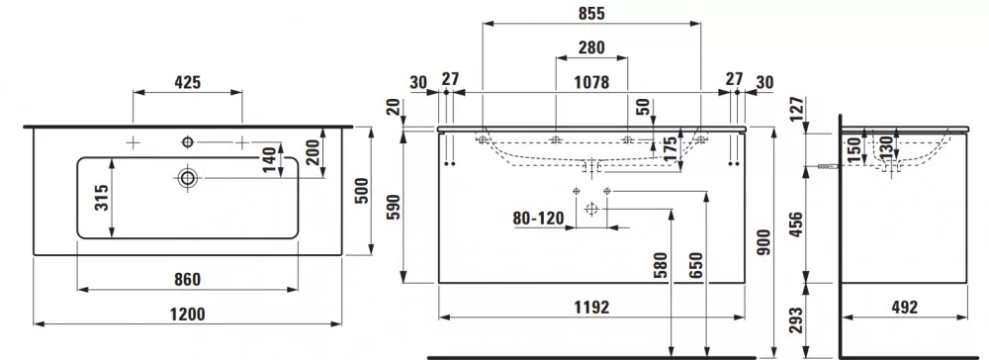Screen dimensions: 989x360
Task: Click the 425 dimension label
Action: tap(187, 82)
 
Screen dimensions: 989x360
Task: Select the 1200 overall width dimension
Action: tap(188, 314)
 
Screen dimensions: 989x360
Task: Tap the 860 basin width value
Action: tap(187, 279)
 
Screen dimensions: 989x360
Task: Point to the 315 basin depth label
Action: tap(102, 198)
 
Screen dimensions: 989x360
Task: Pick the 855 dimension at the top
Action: tap(591, 14)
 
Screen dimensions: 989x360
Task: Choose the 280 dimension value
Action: tap(591, 47)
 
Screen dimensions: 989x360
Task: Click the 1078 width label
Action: tap(591, 83)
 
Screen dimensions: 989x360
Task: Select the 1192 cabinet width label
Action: tap(591, 307)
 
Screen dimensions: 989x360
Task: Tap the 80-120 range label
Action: tap(537, 219)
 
